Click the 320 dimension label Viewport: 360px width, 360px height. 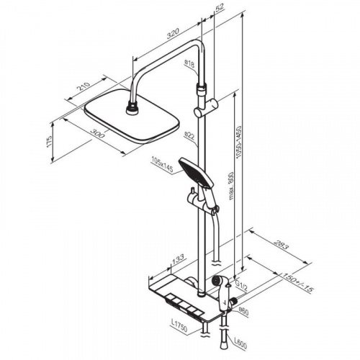click(x=174, y=33)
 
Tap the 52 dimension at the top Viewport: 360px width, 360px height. click(x=219, y=7)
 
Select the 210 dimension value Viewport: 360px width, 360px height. click(x=84, y=86)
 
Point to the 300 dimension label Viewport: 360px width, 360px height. click(x=97, y=133)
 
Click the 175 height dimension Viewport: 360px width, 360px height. click(x=49, y=141)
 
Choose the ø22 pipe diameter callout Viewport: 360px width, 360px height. click(x=189, y=136)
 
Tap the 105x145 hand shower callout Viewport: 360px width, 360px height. click(x=162, y=165)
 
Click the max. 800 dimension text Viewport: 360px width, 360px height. click(x=231, y=186)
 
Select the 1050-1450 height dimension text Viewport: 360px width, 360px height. click(x=239, y=142)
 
